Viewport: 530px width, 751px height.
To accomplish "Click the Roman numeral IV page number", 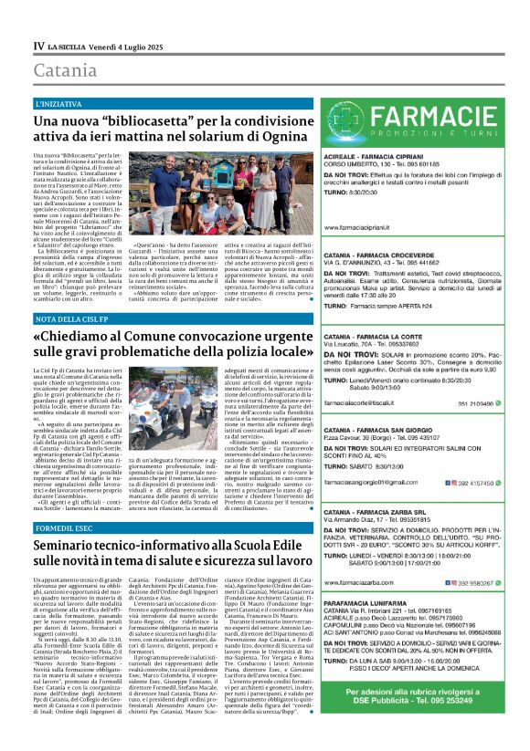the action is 38,44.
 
